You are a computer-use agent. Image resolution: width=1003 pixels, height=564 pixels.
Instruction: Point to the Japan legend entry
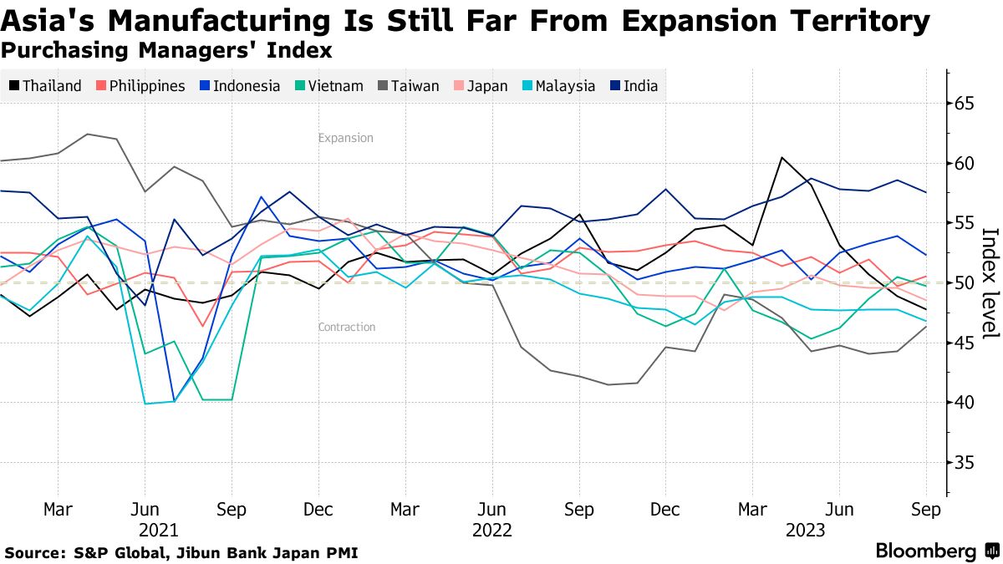(x=480, y=86)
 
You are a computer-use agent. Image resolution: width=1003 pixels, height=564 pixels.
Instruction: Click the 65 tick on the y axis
(x=965, y=104)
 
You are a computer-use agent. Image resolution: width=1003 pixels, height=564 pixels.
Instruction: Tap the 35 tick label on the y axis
(x=965, y=462)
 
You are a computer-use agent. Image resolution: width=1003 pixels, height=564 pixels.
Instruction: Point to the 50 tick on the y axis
(x=965, y=283)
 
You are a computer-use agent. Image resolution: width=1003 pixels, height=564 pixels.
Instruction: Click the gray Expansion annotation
(x=345, y=138)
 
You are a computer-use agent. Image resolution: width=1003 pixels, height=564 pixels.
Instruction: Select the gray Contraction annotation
(x=347, y=328)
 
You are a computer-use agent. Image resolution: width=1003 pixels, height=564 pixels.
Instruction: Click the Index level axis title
(x=990, y=283)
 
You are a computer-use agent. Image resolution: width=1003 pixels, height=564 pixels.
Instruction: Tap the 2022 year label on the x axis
(x=492, y=530)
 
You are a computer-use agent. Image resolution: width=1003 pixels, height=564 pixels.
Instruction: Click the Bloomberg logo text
(x=925, y=551)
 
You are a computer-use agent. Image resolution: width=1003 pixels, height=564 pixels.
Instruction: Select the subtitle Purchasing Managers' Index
(x=167, y=51)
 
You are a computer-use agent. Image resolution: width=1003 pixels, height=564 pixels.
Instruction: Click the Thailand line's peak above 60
(x=782, y=157)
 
